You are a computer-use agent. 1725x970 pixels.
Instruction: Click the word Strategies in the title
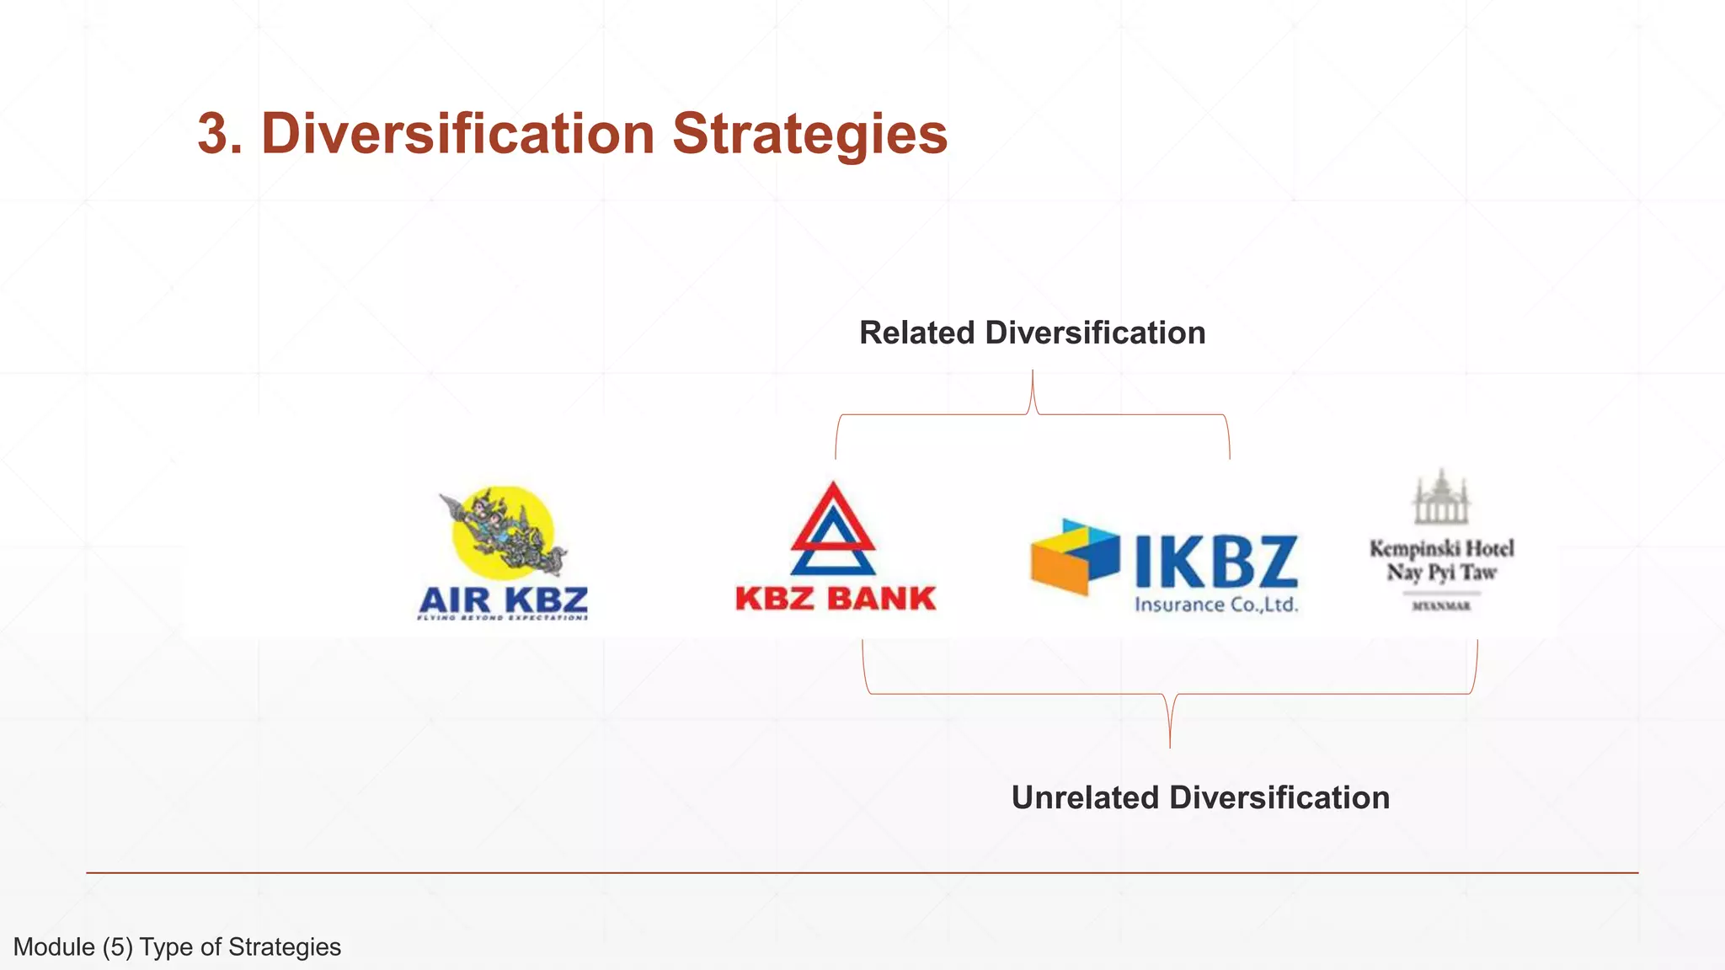click(809, 136)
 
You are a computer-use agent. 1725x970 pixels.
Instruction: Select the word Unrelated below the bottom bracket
click(1085, 797)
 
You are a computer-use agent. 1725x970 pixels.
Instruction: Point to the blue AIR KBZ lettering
click(503, 600)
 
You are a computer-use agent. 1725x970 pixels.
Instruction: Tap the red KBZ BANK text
click(836, 599)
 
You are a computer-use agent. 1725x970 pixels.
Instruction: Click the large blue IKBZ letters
click(1215, 562)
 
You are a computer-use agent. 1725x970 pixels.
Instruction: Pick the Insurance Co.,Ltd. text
click(1216, 605)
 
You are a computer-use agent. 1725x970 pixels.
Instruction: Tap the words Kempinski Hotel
click(1441, 549)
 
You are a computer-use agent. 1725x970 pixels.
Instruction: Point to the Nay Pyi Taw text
click(1441, 573)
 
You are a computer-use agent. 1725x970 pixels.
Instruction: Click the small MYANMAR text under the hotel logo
click(1441, 606)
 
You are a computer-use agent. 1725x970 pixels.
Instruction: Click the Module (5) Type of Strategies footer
click(177, 947)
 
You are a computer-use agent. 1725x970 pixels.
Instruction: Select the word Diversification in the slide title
click(457, 134)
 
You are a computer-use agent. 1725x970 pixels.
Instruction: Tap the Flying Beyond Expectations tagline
click(503, 618)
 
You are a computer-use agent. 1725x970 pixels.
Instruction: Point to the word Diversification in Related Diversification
click(1095, 333)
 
